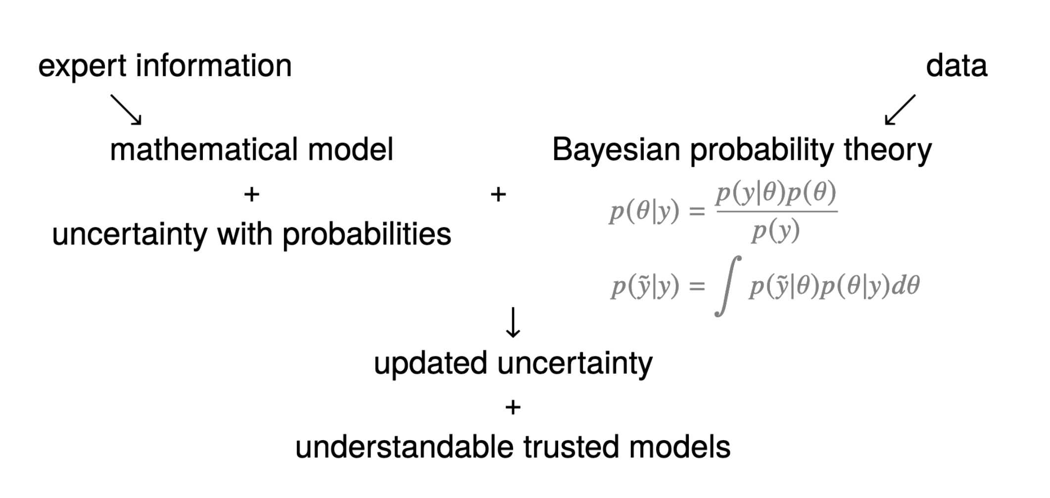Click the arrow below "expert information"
(x=126, y=109)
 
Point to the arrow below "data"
(x=900, y=109)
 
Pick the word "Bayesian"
(x=616, y=149)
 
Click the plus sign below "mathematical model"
(x=251, y=195)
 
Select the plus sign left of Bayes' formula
(x=498, y=195)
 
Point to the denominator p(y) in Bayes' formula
(x=775, y=231)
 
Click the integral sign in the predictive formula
(x=727, y=286)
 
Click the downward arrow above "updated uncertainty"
(x=513, y=322)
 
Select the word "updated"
(x=430, y=363)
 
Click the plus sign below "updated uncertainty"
(x=513, y=407)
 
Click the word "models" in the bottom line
(x=679, y=447)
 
